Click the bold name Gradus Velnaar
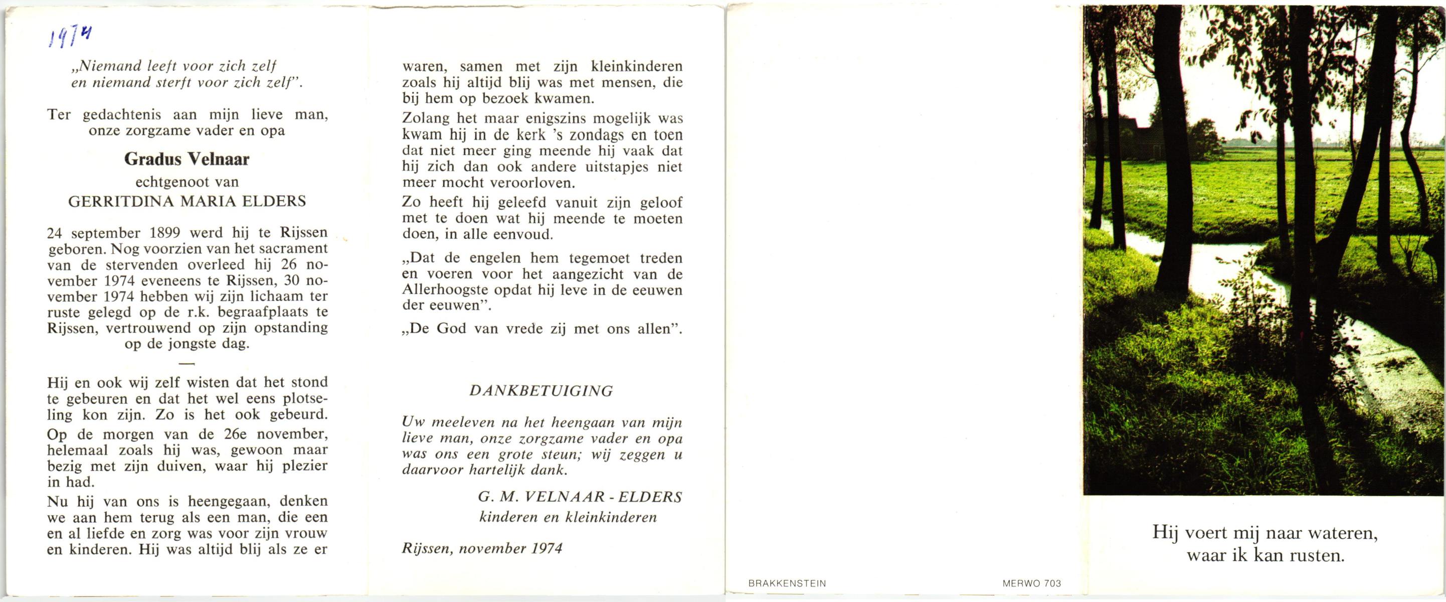tap(187, 160)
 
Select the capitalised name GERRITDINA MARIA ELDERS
tap(187, 202)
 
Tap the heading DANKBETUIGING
tap(541, 391)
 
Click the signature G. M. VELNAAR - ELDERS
tap(580, 497)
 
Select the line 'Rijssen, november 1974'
tap(482, 549)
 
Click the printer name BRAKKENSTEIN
tap(787, 583)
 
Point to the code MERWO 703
tap(1032, 583)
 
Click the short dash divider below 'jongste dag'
tap(188, 364)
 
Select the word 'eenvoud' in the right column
tap(522, 234)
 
